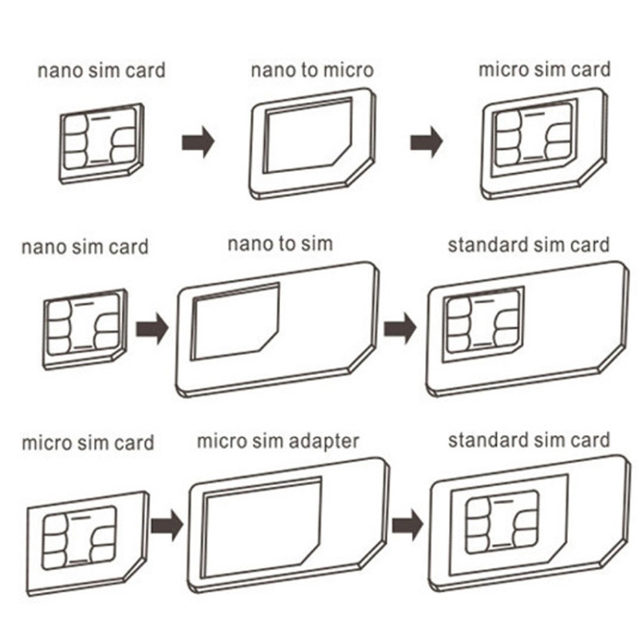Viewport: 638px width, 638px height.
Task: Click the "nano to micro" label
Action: (312, 70)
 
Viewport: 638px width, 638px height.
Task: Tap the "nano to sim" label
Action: (279, 243)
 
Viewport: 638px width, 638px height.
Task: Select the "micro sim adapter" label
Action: (278, 440)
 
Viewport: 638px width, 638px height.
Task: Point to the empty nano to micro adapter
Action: (313, 141)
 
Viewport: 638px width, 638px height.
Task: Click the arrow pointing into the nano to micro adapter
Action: (199, 144)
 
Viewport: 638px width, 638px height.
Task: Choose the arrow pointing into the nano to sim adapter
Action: (152, 327)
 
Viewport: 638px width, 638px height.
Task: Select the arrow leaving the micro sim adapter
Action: (407, 524)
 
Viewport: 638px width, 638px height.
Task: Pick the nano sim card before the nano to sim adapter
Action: (84, 327)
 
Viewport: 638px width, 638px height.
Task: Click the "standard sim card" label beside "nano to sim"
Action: (528, 244)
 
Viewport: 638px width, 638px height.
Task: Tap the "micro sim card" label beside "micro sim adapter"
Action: (88, 442)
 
